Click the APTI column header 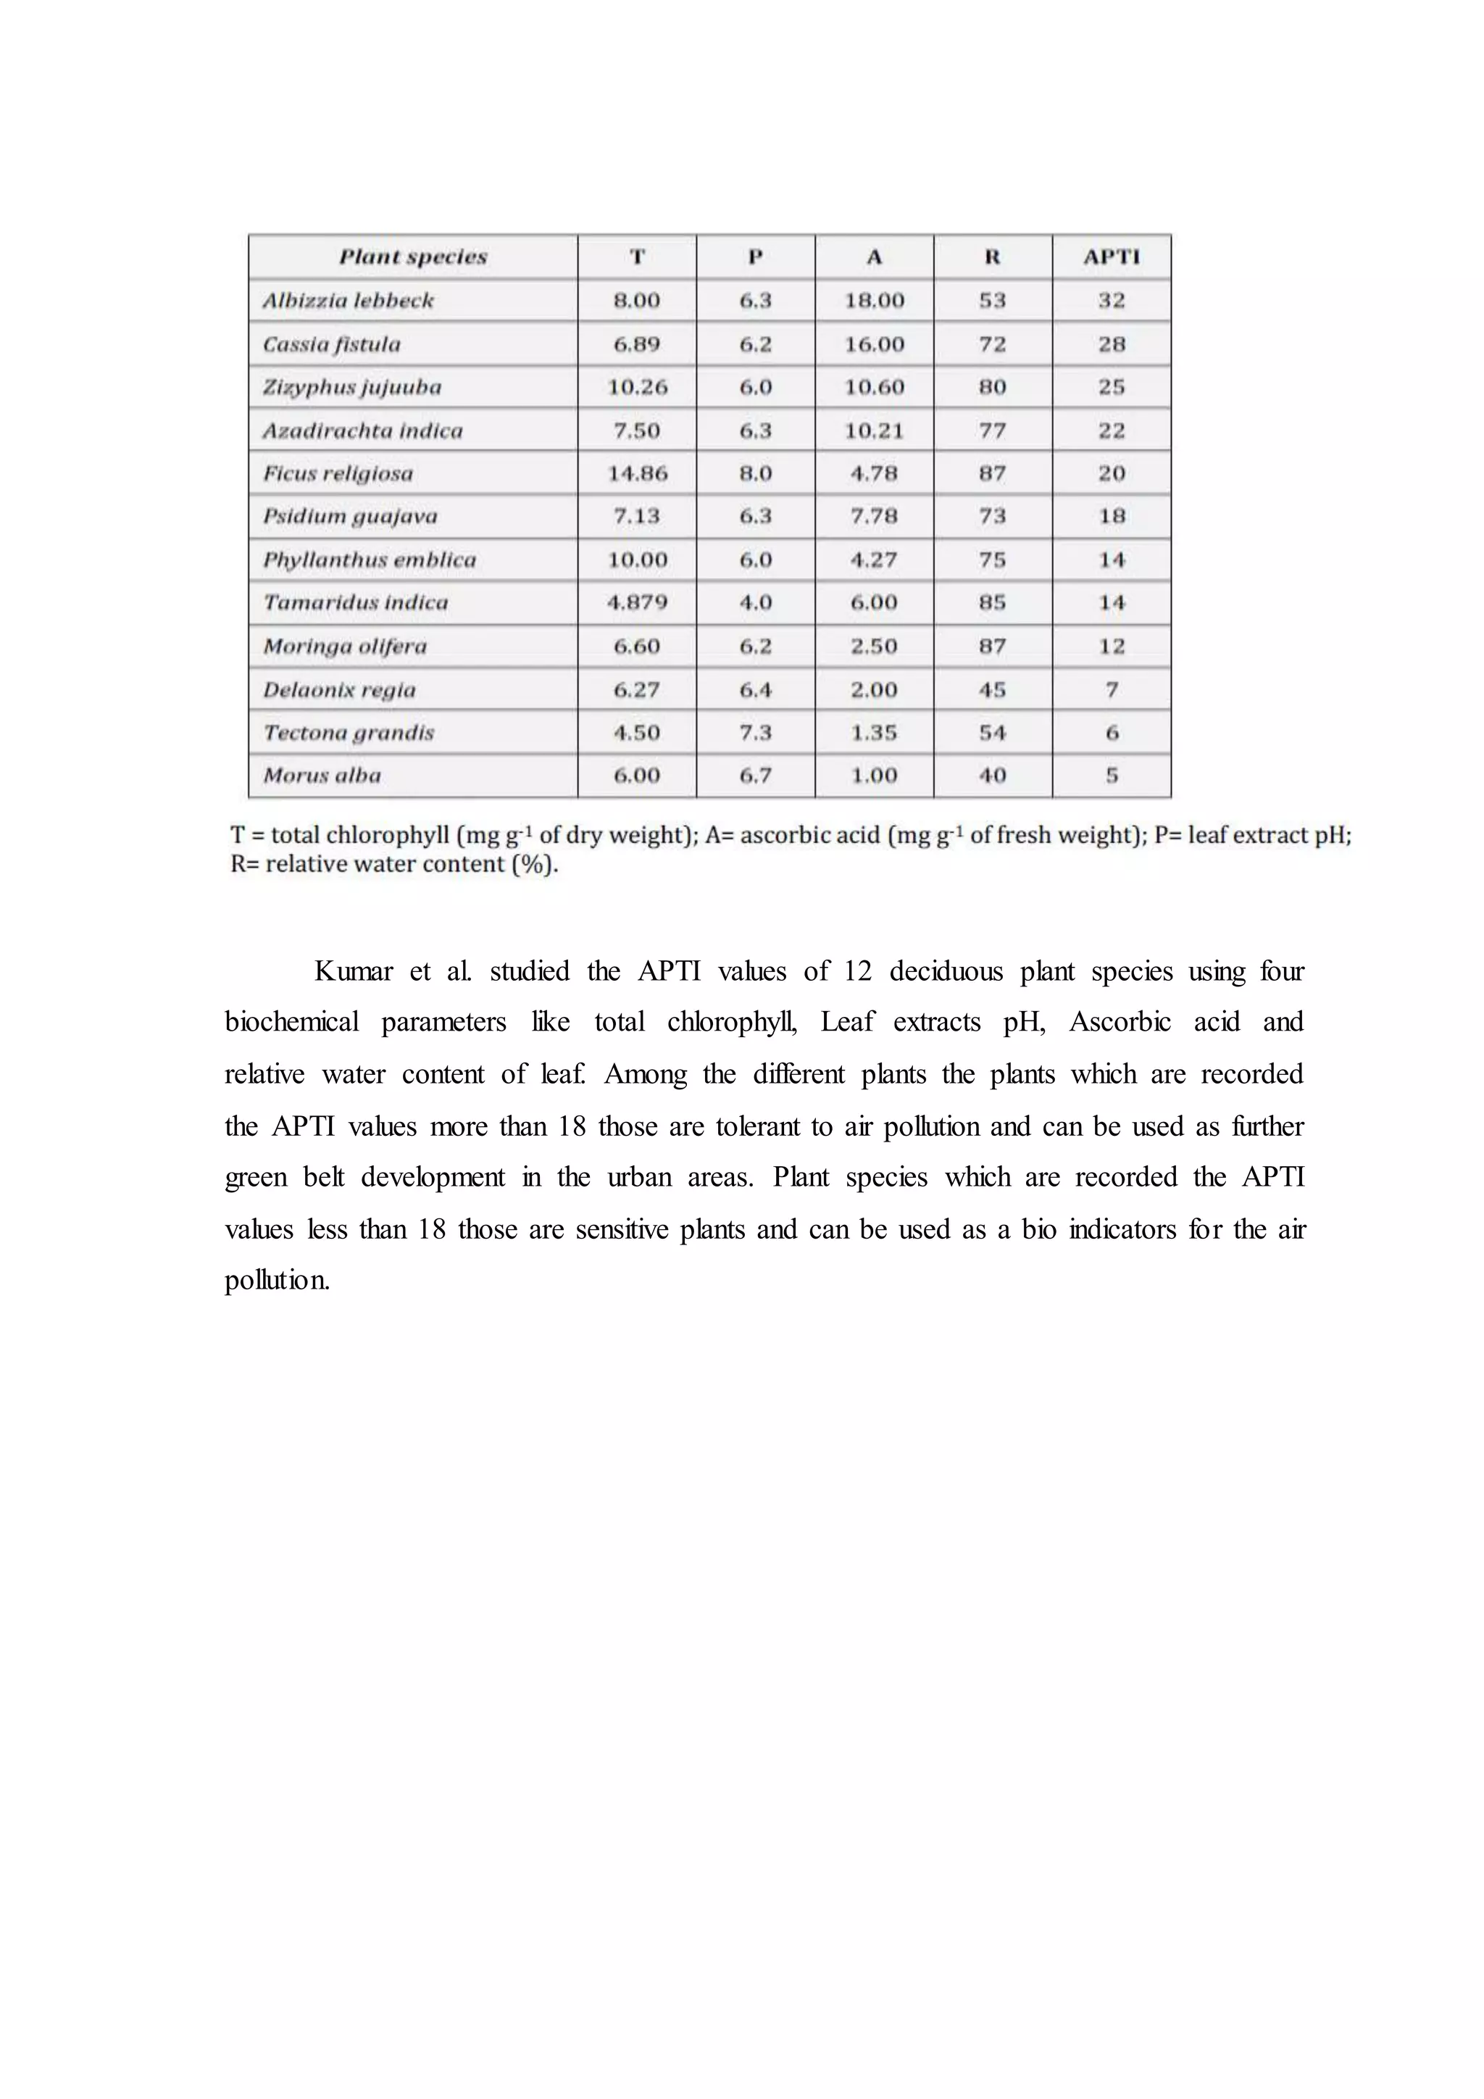click(1111, 257)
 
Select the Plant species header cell click(413, 257)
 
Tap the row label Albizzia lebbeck click(348, 301)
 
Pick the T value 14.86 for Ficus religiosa click(637, 473)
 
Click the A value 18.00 click(874, 301)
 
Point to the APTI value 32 click(1111, 301)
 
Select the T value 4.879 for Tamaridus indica click(637, 602)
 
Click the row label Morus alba click(322, 776)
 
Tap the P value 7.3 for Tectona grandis click(755, 732)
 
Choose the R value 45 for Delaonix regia click(993, 689)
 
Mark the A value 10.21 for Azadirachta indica click(874, 431)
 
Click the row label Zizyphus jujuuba click(352, 387)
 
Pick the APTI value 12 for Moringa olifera click(1111, 647)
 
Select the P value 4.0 click(755, 602)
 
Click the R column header click(993, 257)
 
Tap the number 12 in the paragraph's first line click(857, 971)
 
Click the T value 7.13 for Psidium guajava click(637, 517)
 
